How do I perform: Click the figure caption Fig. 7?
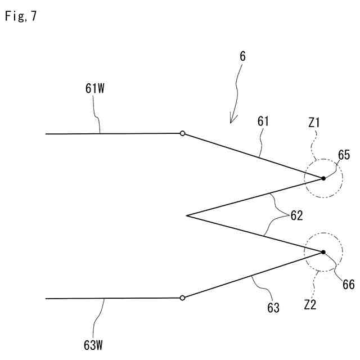point(21,16)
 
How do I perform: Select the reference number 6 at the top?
point(242,57)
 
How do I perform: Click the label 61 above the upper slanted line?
point(264,121)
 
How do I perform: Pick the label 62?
point(296,215)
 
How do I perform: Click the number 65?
point(344,155)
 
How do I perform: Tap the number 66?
point(348,285)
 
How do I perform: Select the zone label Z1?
point(314,121)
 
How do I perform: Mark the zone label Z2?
point(310,305)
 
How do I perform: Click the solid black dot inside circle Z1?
point(323,179)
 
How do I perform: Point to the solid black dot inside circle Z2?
point(323,252)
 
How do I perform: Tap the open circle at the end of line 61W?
point(182,133)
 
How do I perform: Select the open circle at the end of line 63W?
point(182,298)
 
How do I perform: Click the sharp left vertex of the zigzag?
point(186,215)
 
